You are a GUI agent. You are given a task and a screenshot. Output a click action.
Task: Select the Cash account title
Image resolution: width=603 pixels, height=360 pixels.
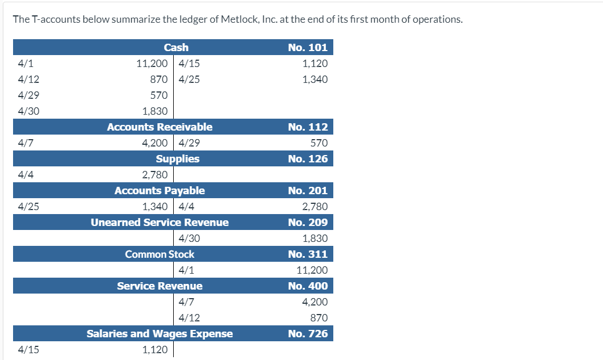tap(176, 47)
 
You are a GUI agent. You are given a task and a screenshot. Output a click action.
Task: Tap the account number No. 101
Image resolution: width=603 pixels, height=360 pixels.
tap(308, 47)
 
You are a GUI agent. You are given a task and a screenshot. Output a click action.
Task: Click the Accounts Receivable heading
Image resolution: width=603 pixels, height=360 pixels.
tap(160, 127)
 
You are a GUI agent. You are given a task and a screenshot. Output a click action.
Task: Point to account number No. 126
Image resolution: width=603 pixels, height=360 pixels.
tap(308, 158)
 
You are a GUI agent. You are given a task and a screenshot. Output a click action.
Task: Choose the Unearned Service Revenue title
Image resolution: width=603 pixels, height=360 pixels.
tap(160, 222)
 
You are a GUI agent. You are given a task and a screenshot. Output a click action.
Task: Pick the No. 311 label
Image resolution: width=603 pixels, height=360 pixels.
tap(308, 254)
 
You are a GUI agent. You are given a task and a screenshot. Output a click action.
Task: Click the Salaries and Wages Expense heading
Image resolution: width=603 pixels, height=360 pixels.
tap(160, 333)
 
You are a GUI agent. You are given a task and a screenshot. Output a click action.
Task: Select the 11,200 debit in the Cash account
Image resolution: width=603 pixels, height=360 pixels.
tap(152, 64)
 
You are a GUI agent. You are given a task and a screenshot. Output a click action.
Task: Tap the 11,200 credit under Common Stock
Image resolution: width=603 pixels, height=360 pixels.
tap(312, 270)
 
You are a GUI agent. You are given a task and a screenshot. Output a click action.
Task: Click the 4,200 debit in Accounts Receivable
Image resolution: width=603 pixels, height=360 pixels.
tap(154, 143)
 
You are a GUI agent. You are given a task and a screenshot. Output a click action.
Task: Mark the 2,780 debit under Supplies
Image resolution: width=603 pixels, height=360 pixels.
tap(154, 175)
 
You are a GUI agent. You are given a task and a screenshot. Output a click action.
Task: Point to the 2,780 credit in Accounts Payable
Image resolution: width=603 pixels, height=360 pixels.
tap(315, 207)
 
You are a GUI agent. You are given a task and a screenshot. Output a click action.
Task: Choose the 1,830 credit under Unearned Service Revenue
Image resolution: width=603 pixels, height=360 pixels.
tap(315, 238)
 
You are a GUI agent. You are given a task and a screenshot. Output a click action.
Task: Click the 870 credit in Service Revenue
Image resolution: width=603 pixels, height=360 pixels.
tap(319, 318)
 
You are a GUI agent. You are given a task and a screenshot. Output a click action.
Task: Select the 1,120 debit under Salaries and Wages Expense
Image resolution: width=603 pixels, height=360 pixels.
tap(154, 350)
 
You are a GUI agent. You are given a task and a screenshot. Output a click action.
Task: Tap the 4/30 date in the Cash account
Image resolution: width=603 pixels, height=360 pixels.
tap(28, 111)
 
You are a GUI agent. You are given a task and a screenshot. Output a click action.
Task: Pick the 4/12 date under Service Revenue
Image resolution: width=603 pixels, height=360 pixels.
tap(189, 318)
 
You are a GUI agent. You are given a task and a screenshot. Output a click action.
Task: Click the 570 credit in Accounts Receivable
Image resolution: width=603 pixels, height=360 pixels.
tap(319, 143)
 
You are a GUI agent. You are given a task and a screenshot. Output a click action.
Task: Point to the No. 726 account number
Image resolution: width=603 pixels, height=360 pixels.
tap(308, 333)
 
